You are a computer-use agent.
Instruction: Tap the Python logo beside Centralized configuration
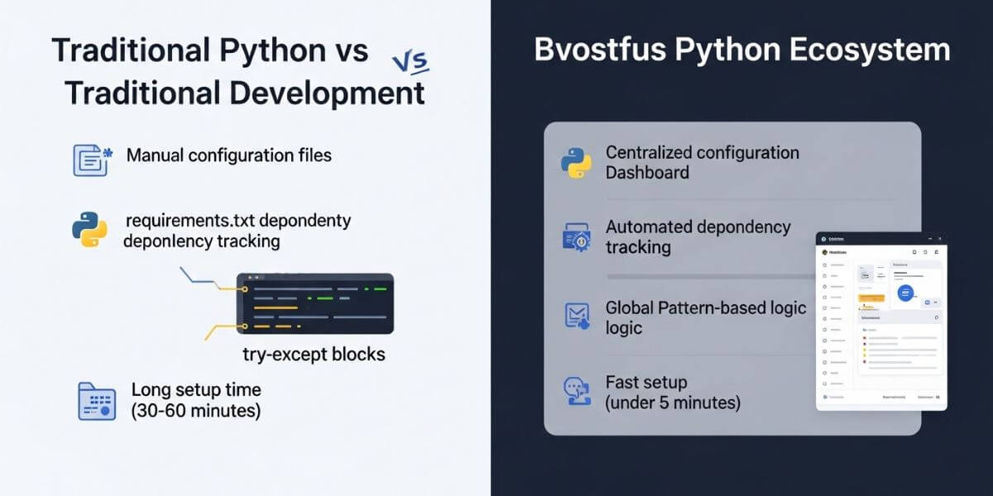[575, 163]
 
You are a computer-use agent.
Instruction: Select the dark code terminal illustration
[314, 303]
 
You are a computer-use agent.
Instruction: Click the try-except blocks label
[314, 355]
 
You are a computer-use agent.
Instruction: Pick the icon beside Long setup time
[96, 401]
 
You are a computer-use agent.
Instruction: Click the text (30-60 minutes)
[195, 411]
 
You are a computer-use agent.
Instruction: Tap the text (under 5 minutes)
[673, 403]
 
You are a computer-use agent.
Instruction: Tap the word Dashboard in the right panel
[647, 173]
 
